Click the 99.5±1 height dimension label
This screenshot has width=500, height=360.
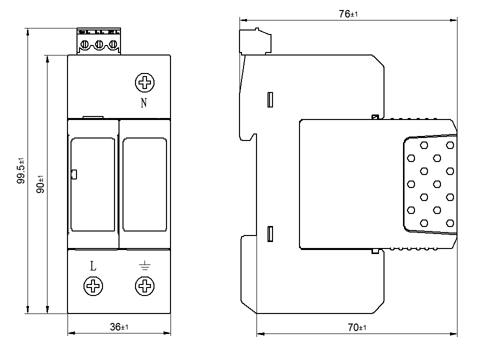point(21,171)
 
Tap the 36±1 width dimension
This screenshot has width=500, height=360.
point(119,327)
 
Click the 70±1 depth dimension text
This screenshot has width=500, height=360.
point(357,328)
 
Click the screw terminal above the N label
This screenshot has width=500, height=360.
point(145,82)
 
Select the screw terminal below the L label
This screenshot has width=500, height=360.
point(93,286)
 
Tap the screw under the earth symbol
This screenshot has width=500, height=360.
point(145,286)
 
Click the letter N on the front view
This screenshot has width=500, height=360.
point(144,103)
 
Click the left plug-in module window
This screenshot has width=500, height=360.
point(92,184)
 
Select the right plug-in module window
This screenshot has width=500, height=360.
point(145,184)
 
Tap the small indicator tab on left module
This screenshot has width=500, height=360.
point(73,174)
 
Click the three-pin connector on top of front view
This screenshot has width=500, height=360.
point(99,41)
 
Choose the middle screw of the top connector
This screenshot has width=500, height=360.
point(99,45)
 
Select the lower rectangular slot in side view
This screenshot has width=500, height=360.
point(271,234)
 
